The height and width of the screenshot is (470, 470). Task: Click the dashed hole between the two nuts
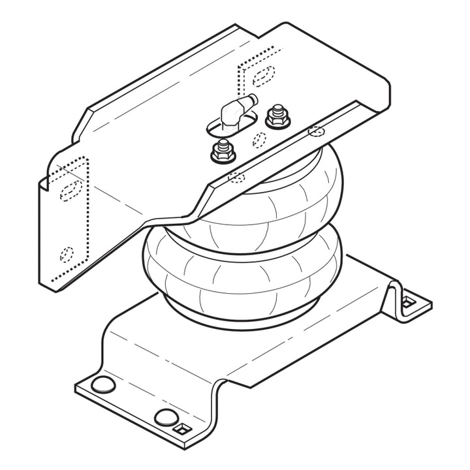pos(258,139)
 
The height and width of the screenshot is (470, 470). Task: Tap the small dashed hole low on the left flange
pos(67,253)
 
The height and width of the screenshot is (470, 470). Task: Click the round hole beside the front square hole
pos(164,416)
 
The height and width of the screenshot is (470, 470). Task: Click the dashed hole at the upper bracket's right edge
pos(316,131)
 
